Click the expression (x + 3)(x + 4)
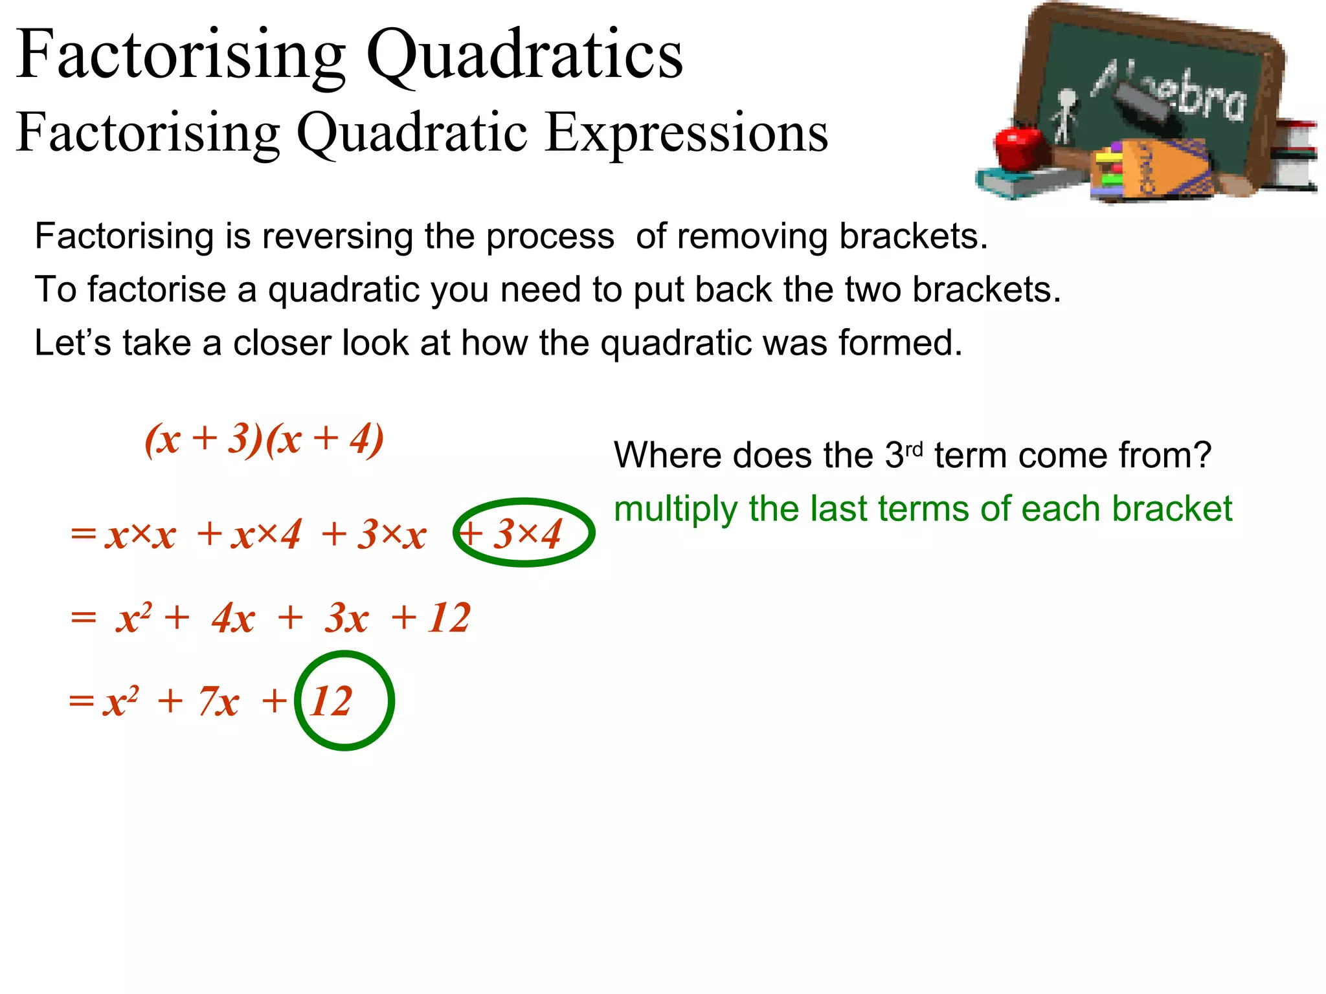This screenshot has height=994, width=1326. click(264, 440)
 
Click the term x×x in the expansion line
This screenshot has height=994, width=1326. click(140, 536)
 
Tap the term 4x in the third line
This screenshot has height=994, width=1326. click(233, 618)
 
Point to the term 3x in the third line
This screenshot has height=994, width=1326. click(347, 618)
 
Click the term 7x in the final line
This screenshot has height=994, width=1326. click(219, 701)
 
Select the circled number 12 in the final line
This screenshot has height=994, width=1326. click(331, 701)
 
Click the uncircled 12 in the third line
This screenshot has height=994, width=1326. click(449, 618)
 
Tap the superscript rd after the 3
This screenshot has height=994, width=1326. click(914, 449)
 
